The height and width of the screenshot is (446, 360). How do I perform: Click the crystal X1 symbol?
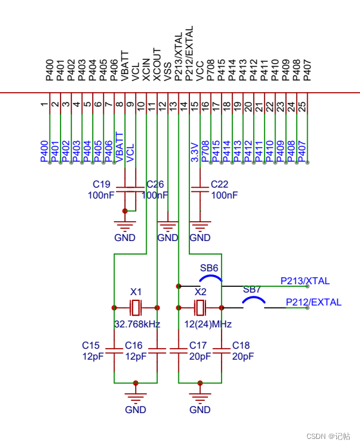tap(135, 307)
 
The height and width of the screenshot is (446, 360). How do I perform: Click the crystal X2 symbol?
tap(200, 307)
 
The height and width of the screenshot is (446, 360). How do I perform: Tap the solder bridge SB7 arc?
tap(253, 300)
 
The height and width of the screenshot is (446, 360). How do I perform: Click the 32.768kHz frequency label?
tap(137, 324)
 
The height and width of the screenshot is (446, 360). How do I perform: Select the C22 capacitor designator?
tap(220, 184)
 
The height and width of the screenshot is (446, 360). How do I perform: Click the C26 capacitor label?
tap(156, 184)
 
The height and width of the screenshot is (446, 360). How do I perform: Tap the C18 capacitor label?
tap(241, 345)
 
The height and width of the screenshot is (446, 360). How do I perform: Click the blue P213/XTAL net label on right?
tap(305, 281)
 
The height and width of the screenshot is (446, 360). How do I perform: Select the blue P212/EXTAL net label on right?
tap(313, 302)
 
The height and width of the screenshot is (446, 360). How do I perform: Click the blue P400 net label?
tap(44, 151)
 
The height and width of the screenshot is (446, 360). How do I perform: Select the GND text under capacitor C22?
tap(200, 238)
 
